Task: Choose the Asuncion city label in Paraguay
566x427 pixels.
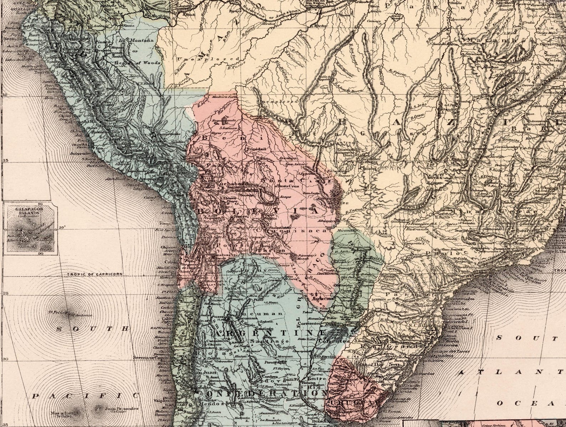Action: [x=319, y=299]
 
